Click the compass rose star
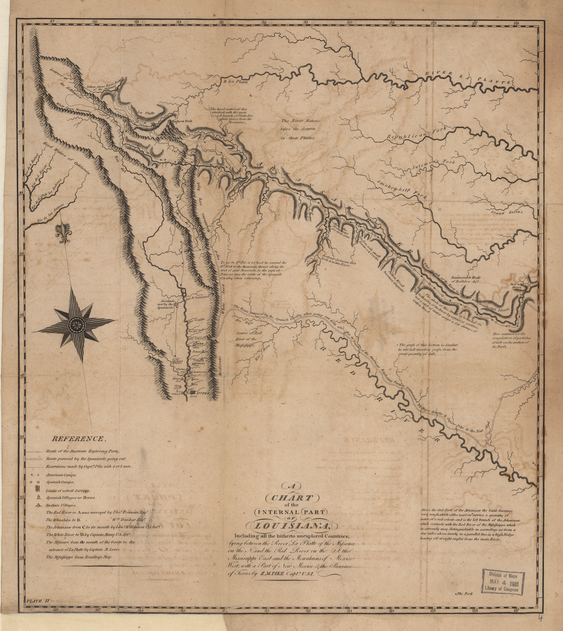(74, 324)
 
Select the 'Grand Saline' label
(507, 212)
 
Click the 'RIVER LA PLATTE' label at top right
(468, 77)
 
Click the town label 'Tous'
(198, 344)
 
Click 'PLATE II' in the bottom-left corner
(38, 601)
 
